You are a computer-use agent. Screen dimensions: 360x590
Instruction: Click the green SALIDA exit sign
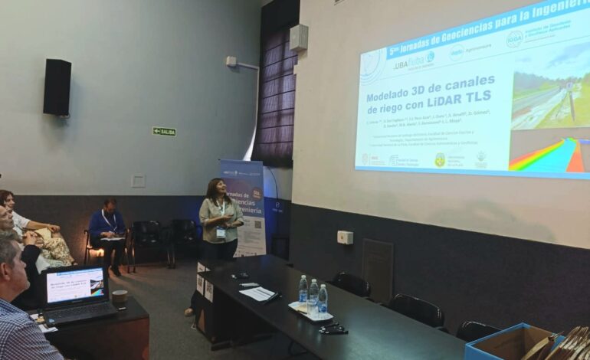pyautogui.click(x=163, y=131)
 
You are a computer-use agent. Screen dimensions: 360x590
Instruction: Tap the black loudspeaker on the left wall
pyautogui.click(x=57, y=87)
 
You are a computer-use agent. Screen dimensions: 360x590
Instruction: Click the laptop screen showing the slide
pyautogui.click(x=74, y=285)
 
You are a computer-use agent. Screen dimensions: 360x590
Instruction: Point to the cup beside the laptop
pyautogui.click(x=120, y=296)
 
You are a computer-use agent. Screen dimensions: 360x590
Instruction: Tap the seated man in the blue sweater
pyautogui.click(x=107, y=227)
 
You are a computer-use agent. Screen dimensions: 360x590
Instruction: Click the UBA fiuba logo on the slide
pyautogui.click(x=411, y=61)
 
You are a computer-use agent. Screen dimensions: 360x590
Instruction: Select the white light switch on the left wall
pyautogui.click(x=138, y=181)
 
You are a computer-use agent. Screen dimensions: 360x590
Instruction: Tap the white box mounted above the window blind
pyautogui.click(x=299, y=38)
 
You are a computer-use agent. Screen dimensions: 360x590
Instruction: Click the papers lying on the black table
pyautogui.click(x=257, y=293)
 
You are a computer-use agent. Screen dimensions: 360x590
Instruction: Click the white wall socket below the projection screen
pyautogui.click(x=344, y=237)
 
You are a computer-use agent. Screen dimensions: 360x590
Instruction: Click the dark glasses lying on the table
pyautogui.click(x=332, y=329)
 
